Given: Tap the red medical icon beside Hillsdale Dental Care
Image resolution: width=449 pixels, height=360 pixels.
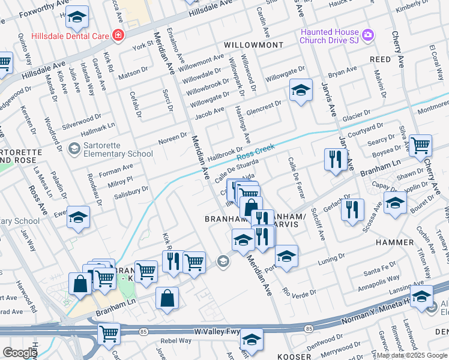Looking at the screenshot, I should point(118,35).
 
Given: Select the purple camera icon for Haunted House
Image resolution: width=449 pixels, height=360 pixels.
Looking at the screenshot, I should point(367,35).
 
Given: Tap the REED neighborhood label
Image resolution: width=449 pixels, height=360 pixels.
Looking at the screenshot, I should point(380,59).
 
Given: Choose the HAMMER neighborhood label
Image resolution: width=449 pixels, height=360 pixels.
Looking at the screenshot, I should point(394,242).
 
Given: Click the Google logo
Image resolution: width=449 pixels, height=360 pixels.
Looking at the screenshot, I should point(19,353).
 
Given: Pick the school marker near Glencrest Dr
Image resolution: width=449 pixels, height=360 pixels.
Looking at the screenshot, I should point(301,91).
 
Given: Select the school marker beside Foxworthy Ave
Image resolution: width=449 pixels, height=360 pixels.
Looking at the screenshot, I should point(76,19).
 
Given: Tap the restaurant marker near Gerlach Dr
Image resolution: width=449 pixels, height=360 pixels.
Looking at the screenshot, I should point(352,210).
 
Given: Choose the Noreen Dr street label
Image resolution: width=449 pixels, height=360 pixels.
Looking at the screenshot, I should point(173,139).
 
